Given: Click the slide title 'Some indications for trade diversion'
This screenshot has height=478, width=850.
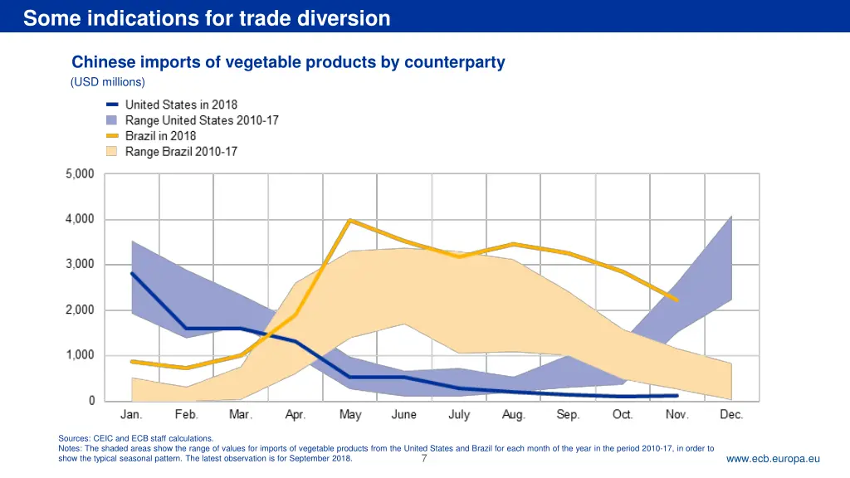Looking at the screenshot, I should tap(207, 18).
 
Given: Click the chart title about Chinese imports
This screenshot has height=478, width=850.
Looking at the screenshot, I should tap(288, 62).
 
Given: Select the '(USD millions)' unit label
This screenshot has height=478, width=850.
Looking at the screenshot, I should tap(108, 82).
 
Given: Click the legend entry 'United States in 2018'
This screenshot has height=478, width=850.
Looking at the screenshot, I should tap(181, 105).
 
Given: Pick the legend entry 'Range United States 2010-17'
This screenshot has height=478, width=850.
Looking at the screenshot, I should tap(202, 120).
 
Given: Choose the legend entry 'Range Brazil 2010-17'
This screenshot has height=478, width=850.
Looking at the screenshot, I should tap(181, 152).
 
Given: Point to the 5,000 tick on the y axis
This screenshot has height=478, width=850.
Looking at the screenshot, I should tap(80, 174).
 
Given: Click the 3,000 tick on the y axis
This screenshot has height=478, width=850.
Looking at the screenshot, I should tap(80, 265).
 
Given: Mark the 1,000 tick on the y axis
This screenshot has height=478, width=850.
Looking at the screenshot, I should tap(80, 355).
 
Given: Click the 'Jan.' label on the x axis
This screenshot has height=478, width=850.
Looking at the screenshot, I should tap(131, 415).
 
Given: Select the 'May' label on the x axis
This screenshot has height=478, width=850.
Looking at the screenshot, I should tap(349, 415).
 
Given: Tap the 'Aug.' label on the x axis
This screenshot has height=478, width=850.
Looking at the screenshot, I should tap(513, 415).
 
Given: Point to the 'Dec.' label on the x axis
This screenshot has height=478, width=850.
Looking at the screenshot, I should tap(731, 415).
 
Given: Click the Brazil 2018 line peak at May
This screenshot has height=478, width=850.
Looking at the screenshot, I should tap(349, 220).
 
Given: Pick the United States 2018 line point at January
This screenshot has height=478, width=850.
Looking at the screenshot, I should tap(131, 273).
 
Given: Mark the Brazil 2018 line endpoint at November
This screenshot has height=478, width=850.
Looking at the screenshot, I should tap(677, 300).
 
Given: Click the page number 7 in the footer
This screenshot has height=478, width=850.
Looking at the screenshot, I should tap(424, 459).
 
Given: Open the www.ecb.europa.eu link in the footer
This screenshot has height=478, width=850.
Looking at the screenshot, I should tap(773, 459).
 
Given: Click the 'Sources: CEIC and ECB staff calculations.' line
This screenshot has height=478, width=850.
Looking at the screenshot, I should tap(136, 438).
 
